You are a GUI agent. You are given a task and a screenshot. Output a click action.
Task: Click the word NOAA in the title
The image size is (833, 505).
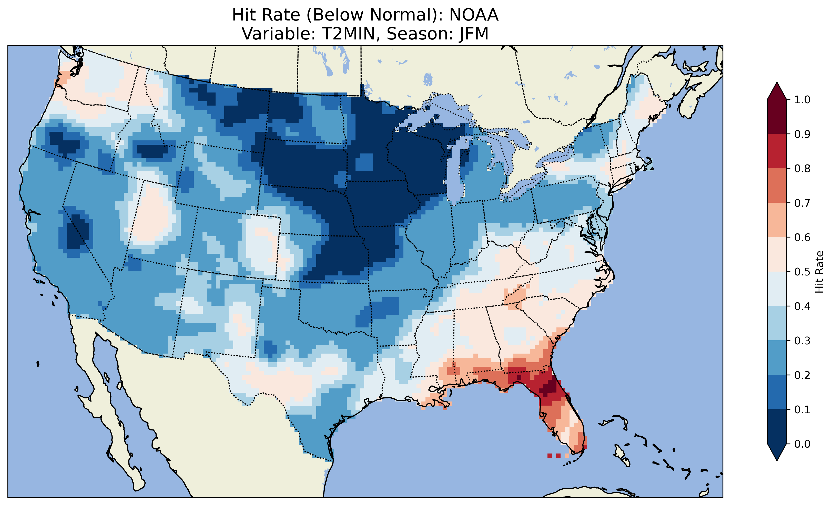point(474,15)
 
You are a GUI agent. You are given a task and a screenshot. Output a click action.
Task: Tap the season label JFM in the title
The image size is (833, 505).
point(474,34)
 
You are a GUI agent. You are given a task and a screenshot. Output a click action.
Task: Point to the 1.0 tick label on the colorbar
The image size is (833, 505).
point(802,100)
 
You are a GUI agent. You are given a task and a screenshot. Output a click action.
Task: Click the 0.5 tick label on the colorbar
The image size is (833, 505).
point(802,272)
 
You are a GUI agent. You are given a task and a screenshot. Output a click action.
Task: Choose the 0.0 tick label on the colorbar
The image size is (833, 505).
point(802,444)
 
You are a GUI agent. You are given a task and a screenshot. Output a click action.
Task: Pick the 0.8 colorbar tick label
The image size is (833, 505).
point(802,168)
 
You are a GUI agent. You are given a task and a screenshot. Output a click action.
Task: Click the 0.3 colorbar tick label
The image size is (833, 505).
point(802,341)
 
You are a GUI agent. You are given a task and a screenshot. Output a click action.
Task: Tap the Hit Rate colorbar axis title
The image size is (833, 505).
point(819,272)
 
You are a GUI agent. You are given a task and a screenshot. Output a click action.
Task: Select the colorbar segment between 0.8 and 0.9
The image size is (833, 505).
point(777,151)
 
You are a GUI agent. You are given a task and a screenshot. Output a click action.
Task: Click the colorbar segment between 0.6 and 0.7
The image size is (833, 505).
point(777,220)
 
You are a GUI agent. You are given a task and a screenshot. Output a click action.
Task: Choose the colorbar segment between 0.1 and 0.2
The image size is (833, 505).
point(777,392)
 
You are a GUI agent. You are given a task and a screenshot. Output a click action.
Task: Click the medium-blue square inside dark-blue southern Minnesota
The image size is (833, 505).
point(364,162)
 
